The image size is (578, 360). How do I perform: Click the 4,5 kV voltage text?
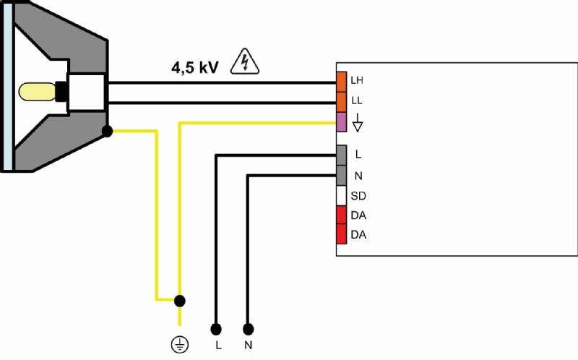pos(194,68)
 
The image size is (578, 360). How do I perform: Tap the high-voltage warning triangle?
pos(245,61)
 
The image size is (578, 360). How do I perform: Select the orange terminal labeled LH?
pos(341,82)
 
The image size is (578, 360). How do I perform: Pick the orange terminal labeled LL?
pos(341,102)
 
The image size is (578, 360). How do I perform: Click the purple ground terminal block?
pos(341,122)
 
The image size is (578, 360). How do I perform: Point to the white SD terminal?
pos(341,195)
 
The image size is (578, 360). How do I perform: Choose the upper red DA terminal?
pos(341,215)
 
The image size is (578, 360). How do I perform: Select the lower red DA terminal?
pos(341,234)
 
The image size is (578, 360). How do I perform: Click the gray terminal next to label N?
pos(341,176)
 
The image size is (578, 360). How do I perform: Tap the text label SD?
pos(358,196)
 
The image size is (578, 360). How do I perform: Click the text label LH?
pos(357,80)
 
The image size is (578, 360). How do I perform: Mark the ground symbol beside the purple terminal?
pos(358,123)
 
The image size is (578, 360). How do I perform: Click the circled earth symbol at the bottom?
pos(180,345)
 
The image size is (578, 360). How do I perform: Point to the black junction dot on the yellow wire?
pos(179,301)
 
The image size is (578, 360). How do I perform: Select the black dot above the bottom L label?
pos(216,329)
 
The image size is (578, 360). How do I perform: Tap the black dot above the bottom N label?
pos(248,329)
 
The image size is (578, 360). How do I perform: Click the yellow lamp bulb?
pos(38,92)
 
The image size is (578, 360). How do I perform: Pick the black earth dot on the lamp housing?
pos(107,131)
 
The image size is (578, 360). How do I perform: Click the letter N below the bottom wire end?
pos(248,346)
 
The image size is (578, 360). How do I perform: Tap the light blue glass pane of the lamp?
pos(8,85)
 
